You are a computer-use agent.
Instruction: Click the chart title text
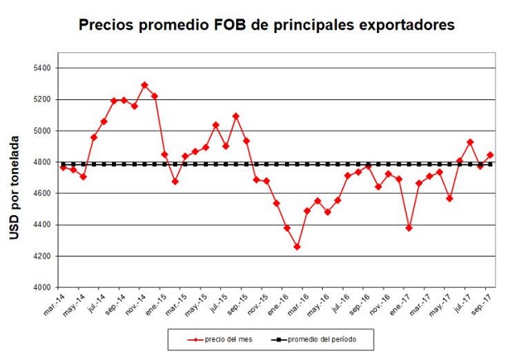pyautogui.click(x=266, y=25)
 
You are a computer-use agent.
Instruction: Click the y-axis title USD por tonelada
pyautogui.click(x=14, y=178)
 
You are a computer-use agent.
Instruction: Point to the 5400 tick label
pyautogui.click(x=41, y=68)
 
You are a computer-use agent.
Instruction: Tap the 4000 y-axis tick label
pyautogui.click(x=41, y=288)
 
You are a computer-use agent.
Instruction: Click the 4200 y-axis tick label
pyautogui.click(x=41, y=257)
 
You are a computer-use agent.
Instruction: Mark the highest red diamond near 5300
pyautogui.click(x=144, y=84)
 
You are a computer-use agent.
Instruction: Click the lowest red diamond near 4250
pyautogui.click(x=297, y=247)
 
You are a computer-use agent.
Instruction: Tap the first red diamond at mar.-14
pyautogui.click(x=63, y=167)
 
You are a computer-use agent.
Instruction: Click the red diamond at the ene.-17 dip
pyautogui.click(x=409, y=228)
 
